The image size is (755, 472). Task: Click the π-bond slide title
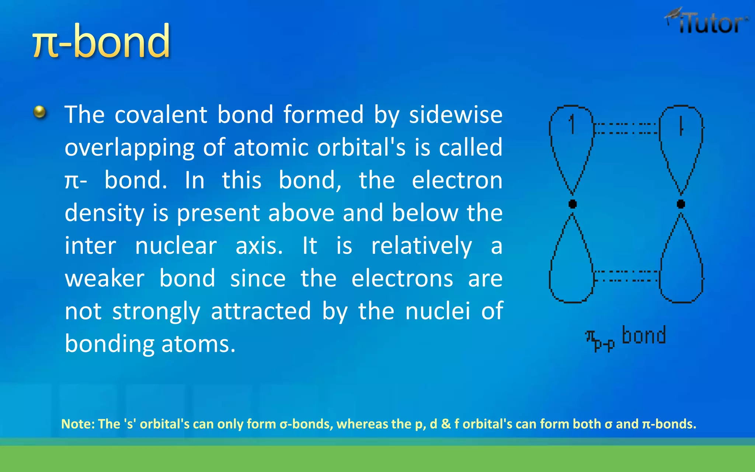(x=101, y=41)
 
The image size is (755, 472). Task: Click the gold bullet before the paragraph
(x=40, y=112)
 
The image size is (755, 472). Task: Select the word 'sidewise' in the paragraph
(x=456, y=115)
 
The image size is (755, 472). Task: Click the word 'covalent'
(x=161, y=115)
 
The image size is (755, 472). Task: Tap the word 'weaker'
(x=104, y=279)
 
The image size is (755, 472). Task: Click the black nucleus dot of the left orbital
(x=573, y=204)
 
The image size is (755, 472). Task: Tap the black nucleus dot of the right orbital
(x=681, y=204)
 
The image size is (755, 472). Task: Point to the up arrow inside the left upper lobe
(x=572, y=124)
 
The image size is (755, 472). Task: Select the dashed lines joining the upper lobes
(x=626, y=128)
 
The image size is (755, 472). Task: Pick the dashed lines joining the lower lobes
(x=626, y=276)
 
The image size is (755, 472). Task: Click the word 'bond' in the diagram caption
(x=644, y=336)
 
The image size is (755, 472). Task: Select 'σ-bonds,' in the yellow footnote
(x=306, y=424)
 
